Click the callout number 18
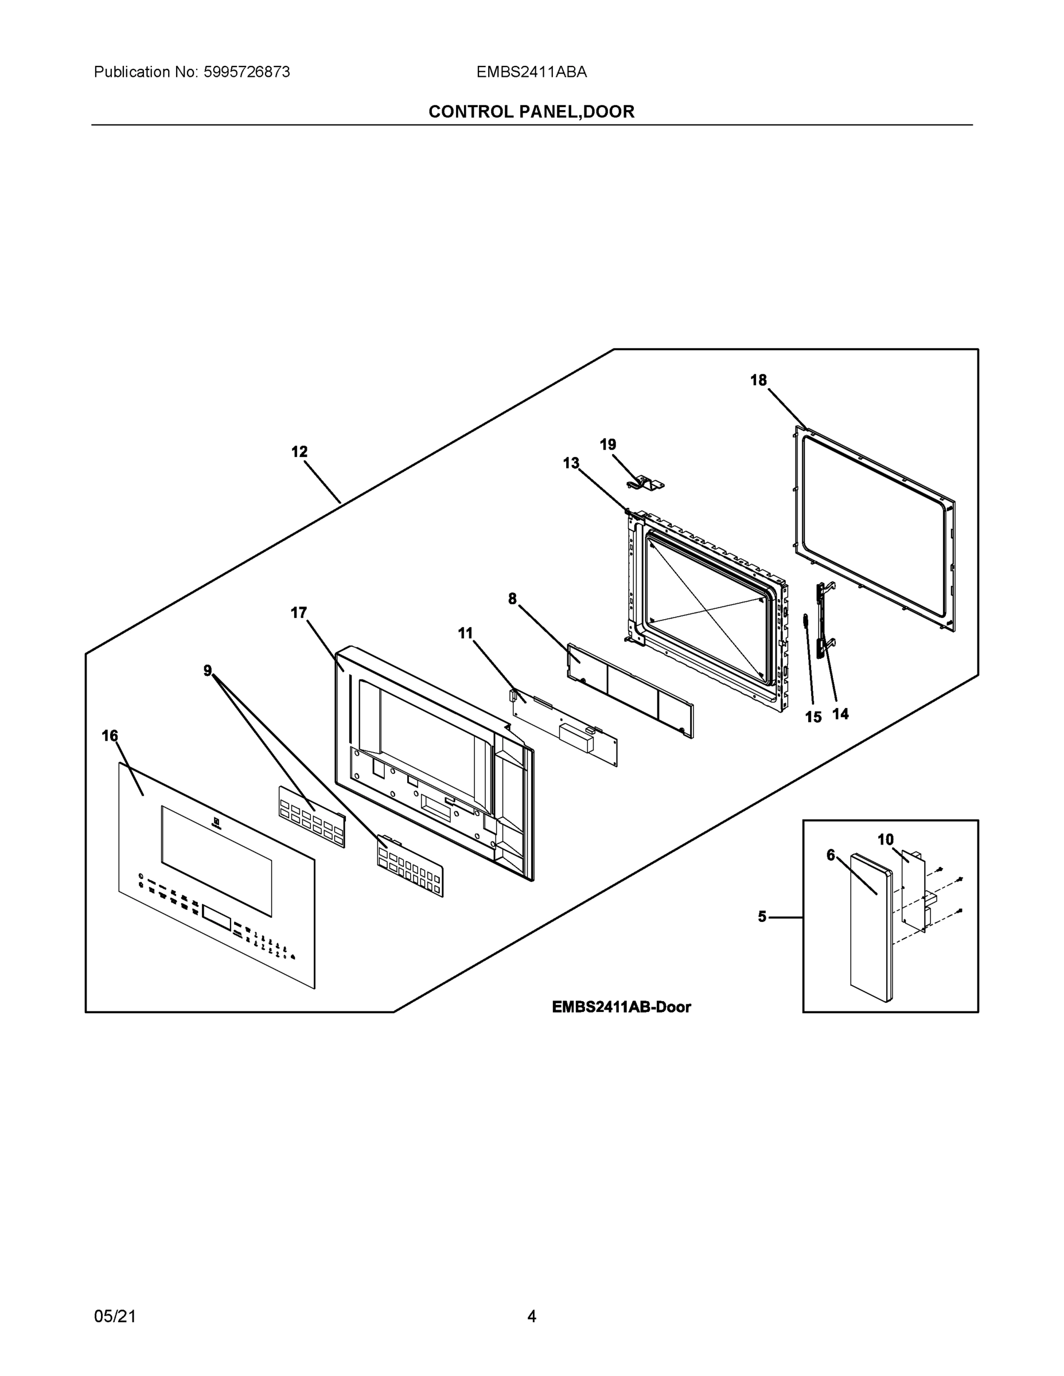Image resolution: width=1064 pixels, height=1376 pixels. [758, 380]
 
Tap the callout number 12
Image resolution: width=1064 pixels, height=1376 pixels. [299, 452]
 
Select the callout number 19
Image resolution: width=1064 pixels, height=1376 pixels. [607, 445]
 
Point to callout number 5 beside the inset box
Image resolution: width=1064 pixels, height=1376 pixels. [762, 917]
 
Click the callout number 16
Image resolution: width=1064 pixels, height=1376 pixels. [110, 736]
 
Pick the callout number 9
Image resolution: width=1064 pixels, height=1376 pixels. [208, 671]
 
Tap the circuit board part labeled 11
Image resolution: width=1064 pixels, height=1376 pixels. [565, 731]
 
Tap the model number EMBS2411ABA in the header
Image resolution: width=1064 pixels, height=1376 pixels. [531, 72]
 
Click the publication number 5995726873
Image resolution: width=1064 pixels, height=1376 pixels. [246, 72]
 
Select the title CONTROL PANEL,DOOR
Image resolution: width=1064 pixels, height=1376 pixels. [531, 112]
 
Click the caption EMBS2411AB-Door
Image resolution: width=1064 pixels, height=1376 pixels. [621, 1007]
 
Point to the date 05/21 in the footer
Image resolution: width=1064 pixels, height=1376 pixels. [115, 1316]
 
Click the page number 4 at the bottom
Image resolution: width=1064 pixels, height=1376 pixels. [531, 1316]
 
